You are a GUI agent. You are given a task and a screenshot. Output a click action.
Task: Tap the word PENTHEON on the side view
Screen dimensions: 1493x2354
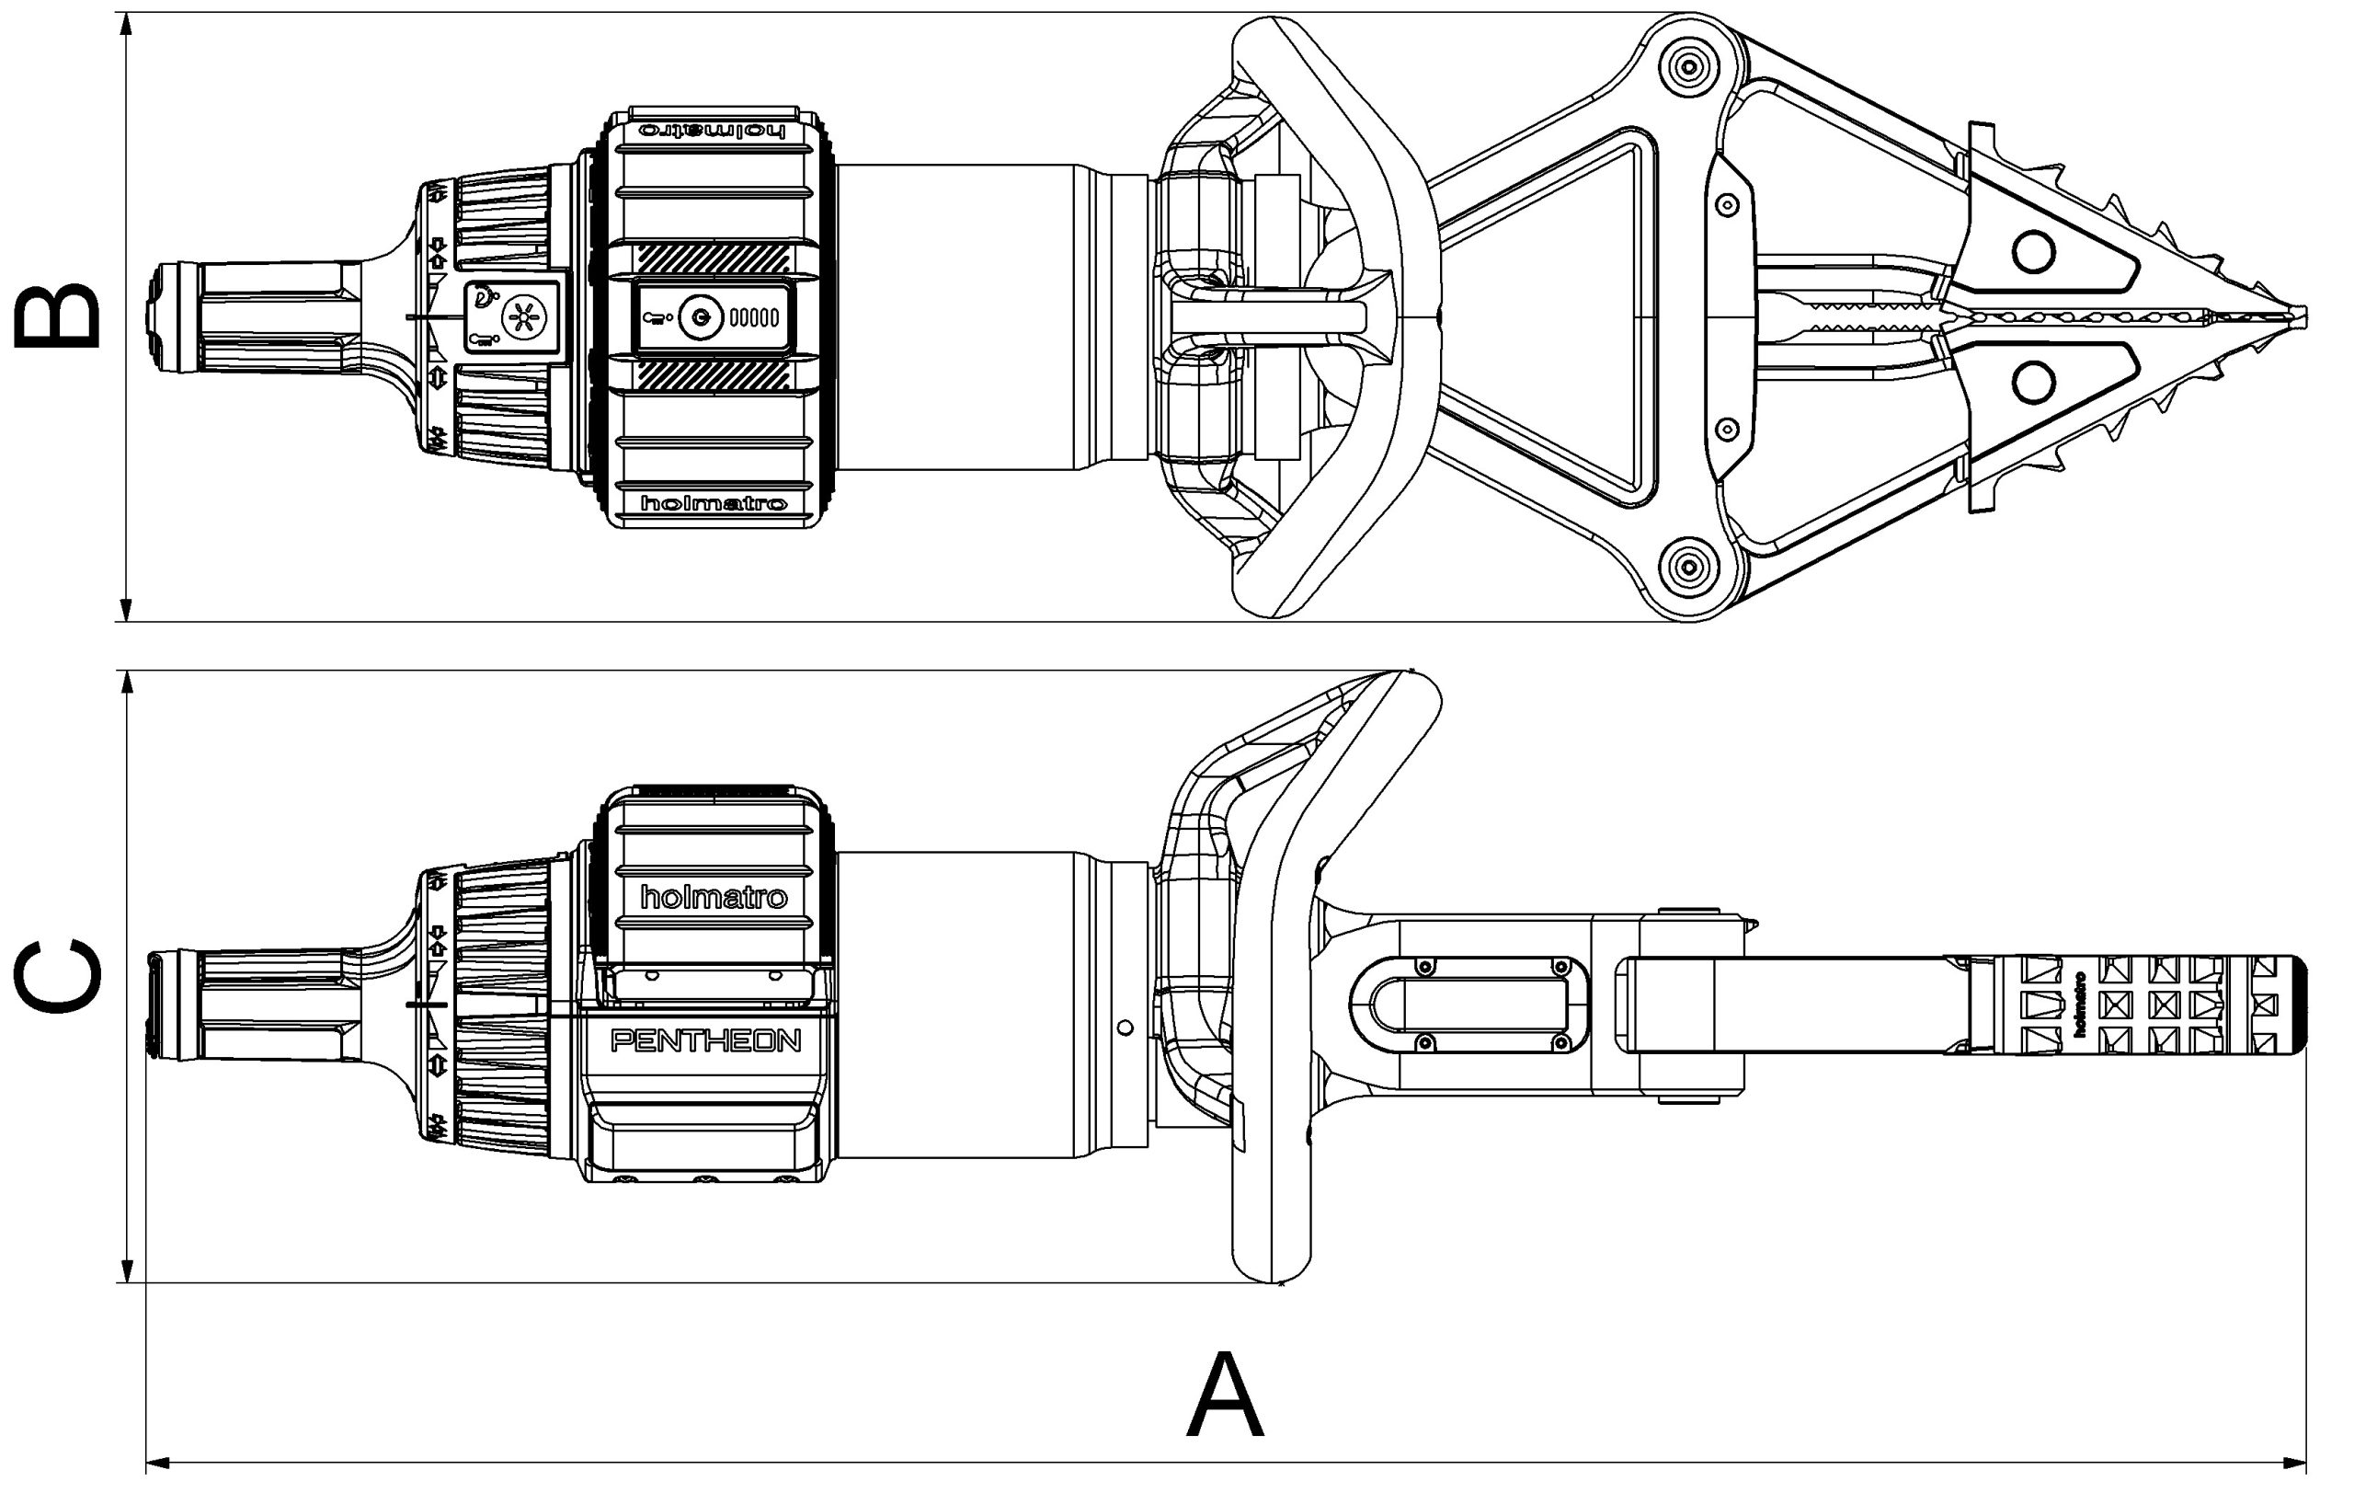tap(705, 1040)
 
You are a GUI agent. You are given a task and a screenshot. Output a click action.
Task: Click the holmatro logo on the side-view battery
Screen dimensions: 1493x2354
tap(713, 897)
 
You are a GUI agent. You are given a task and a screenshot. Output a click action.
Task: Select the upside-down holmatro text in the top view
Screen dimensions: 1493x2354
tap(713, 130)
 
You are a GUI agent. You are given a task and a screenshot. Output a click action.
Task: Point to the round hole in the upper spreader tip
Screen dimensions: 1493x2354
tap(2033, 252)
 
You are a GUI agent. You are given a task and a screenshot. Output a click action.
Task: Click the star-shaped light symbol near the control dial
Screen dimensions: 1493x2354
tap(528, 316)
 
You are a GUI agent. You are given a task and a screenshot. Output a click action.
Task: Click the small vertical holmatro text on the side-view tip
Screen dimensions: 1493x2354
tap(2079, 1005)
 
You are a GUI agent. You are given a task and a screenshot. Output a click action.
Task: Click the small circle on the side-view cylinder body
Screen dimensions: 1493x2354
tap(1126, 1027)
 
